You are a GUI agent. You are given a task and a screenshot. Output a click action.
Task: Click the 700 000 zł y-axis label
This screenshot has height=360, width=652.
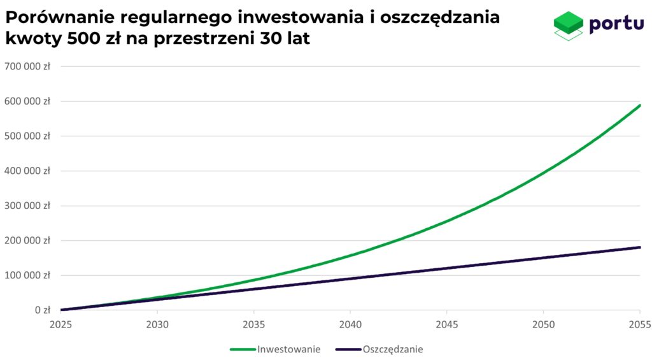click(x=27, y=66)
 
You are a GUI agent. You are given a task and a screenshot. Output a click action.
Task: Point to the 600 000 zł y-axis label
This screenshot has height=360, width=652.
click(x=27, y=101)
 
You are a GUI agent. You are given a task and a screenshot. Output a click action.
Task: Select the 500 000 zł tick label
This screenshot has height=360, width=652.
click(x=27, y=136)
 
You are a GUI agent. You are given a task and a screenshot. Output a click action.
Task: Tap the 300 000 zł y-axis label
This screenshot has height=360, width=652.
click(x=27, y=206)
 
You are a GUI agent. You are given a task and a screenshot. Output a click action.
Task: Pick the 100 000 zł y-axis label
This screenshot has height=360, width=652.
click(x=27, y=275)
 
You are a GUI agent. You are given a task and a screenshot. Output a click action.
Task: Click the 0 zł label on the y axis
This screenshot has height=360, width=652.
click(x=42, y=310)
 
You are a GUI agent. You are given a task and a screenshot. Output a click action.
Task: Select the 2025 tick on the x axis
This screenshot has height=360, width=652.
click(x=61, y=324)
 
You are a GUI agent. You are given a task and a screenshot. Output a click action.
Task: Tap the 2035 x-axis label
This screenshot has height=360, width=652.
click(x=254, y=324)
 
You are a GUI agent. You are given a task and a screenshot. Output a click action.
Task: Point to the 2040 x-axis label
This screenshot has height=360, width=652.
click(x=350, y=324)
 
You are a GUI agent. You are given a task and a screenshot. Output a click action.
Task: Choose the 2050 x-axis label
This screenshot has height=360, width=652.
click(x=543, y=324)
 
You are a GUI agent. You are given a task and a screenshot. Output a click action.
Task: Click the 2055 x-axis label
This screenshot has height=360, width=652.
click(x=639, y=324)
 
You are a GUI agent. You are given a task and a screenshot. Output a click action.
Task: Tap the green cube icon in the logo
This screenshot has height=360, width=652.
click(x=568, y=24)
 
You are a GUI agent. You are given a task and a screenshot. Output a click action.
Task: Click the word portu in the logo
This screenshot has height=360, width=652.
click(x=616, y=24)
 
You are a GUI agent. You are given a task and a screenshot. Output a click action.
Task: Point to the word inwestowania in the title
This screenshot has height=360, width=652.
click(x=330, y=18)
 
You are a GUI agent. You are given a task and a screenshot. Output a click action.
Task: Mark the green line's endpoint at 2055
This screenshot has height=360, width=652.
click(x=639, y=106)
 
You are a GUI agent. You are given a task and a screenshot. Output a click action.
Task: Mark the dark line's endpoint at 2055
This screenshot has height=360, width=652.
click(x=639, y=247)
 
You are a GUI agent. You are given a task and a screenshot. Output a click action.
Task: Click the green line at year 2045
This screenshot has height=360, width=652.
click(x=446, y=221)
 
